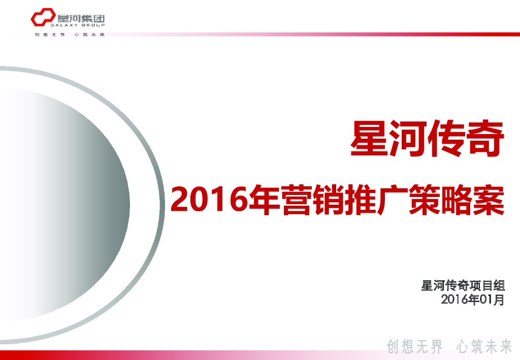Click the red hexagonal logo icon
click(40, 19)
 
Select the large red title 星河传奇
click(428, 139)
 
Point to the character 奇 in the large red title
click(486, 139)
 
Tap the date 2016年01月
click(473, 300)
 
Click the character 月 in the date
click(499, 300)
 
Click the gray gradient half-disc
click(76, 203)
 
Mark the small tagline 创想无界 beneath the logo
click(49, 35)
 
